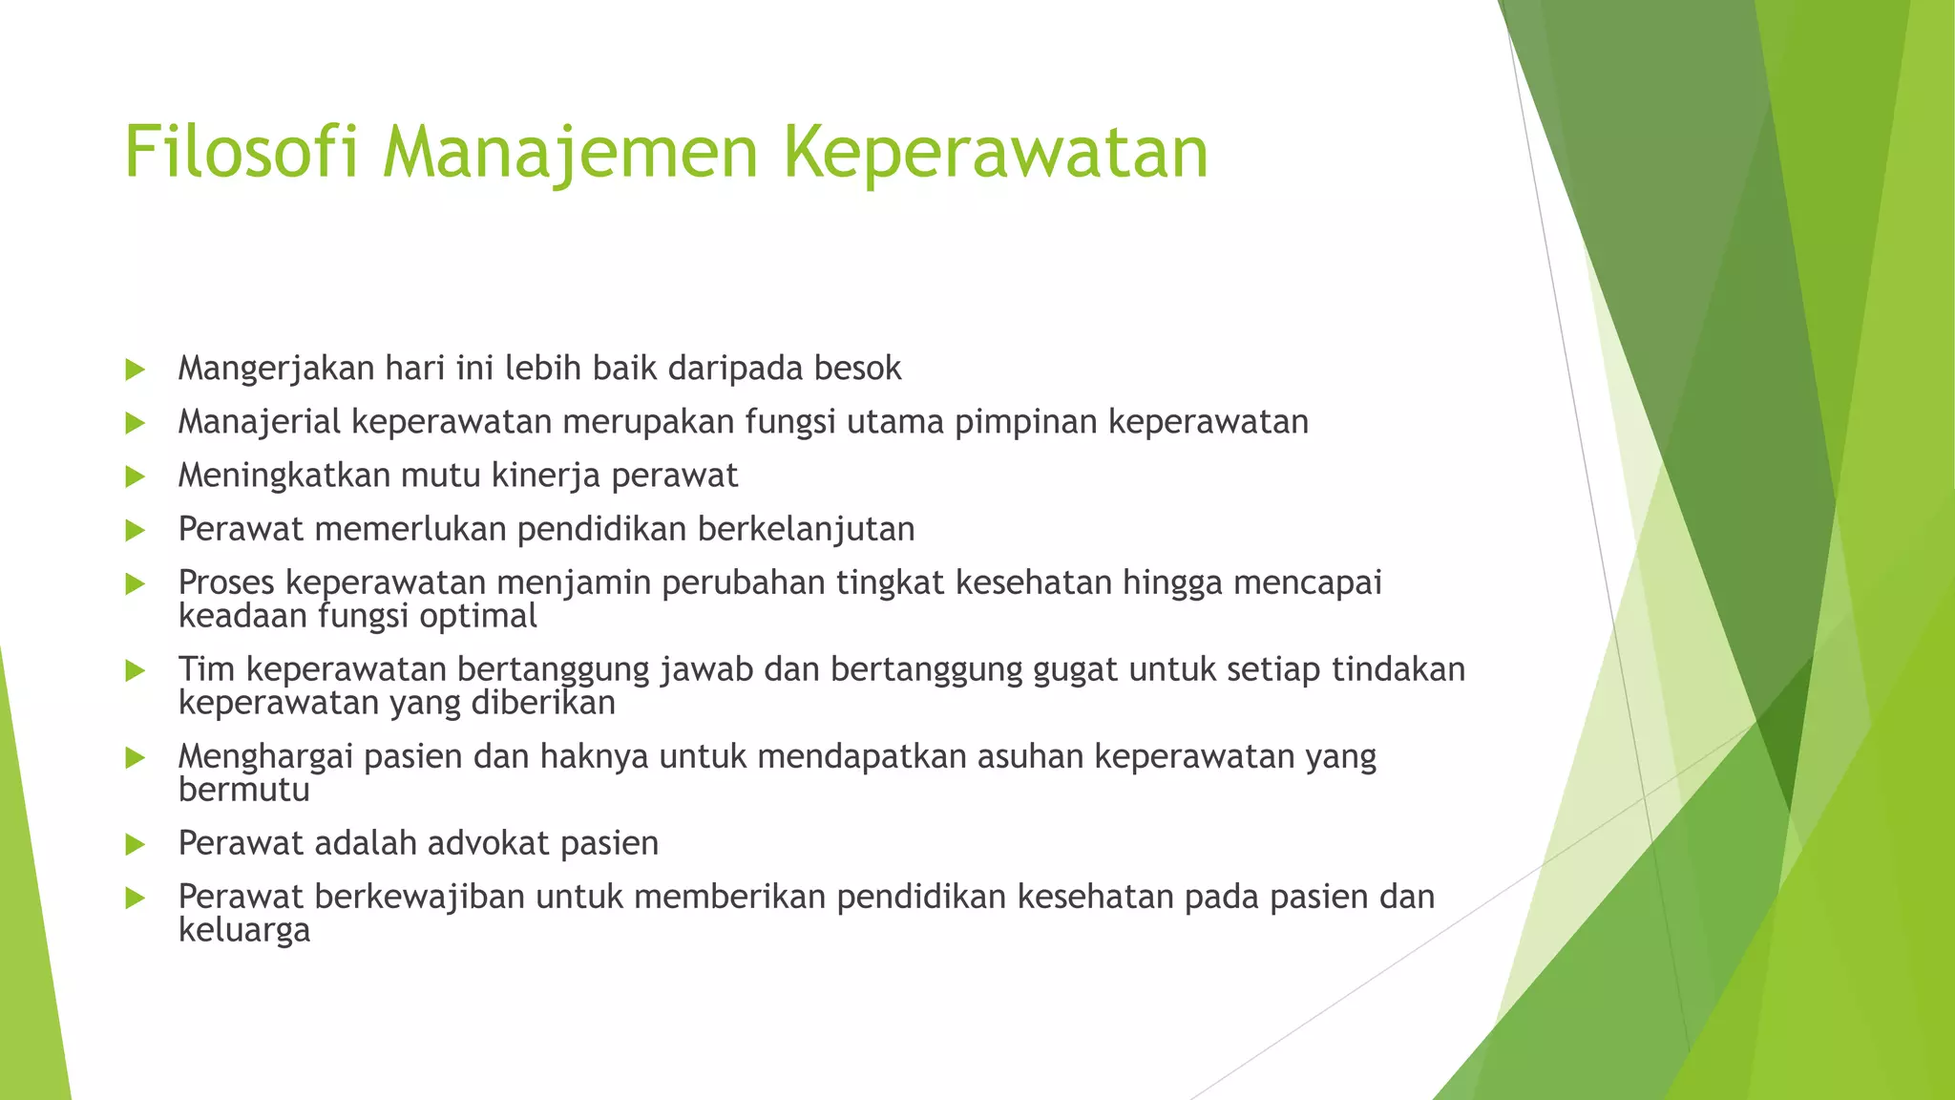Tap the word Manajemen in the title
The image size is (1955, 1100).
click(571, 153)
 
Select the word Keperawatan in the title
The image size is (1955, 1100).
click(996, 153)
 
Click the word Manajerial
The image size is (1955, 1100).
click(259, 422)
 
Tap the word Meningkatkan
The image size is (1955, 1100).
click(284, 476)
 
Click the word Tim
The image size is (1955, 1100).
click(206, 669)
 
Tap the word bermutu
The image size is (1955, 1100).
click(243, 791)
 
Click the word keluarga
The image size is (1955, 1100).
click(244, 931)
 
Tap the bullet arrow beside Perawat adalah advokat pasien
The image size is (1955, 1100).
click(135, 845)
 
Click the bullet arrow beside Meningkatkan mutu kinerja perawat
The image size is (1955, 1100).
click(135, 476)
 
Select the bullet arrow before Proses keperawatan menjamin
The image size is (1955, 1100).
click(135, 583)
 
